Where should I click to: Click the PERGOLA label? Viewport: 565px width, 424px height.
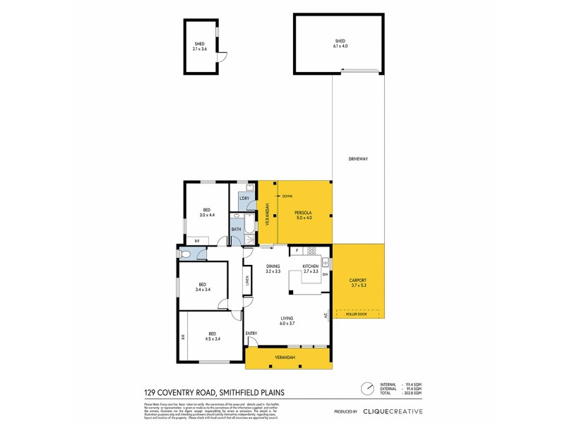pyautogui.click(x=306, y=215)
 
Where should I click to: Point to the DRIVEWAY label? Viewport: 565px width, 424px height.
pyautogui.click(x=358, y=159)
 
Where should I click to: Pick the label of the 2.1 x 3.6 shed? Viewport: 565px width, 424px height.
pyautogui.click(x=199, y=46)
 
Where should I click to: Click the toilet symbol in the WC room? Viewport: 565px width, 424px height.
pyautogui.click(x=185, y=254)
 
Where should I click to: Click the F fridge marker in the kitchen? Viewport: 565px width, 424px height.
pyautogui.click(x=297, y=251)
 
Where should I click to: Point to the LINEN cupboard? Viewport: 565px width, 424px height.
pyautogui.click(x=247, y=281)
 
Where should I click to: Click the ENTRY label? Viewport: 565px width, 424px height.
pyautogui.click(x=251, y=333)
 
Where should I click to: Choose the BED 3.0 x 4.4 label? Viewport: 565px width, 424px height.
pyautogui.click(x=207, y=212)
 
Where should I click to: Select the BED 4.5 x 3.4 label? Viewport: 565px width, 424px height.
pyautogui.click(x=213, y=336)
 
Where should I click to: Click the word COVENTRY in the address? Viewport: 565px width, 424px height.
pyautogui.click(x=182, y=393)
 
